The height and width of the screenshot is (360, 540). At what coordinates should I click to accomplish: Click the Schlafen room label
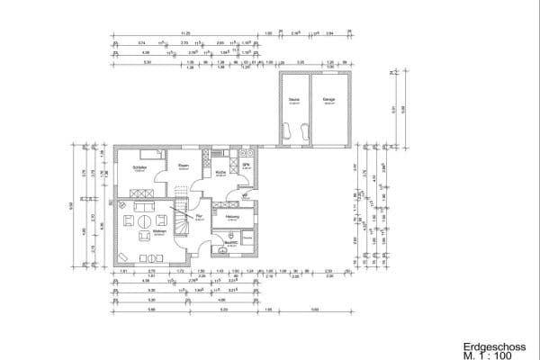139,166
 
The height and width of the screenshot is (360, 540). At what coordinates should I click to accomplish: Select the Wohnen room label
158,233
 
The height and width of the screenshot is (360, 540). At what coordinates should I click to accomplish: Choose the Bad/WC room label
230,242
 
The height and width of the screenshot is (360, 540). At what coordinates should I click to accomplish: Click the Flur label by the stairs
200,217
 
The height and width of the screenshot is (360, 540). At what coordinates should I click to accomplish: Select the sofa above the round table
144,219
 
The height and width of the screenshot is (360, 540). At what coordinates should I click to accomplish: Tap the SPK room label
246,166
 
